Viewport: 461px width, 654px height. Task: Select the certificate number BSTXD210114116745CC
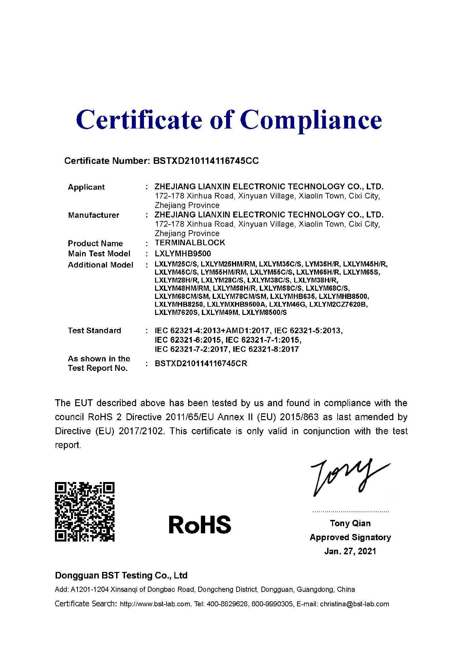(206, 161)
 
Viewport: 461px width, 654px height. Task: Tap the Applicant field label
(86, 187)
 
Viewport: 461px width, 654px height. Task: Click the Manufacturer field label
(94, 215)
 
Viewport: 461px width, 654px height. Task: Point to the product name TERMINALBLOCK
(190, 243)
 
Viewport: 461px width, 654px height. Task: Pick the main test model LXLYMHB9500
(183, 254)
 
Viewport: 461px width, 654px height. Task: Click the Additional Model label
(100, 265)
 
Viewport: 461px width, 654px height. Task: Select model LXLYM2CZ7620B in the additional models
(338, 304)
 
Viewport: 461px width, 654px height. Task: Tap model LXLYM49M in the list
(220, 313)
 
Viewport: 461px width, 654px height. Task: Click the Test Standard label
(94, 331)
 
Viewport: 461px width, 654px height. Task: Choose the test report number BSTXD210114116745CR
(201, 364)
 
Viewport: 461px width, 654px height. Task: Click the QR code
(85, 512)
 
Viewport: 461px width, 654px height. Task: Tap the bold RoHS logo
(200, 525)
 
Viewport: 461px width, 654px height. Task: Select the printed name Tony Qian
(350, 524)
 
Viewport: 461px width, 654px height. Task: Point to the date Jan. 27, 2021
(350, 551)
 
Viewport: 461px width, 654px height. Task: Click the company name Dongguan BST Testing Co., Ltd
(121, 576)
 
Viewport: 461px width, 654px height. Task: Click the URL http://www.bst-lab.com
(155, 604)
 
